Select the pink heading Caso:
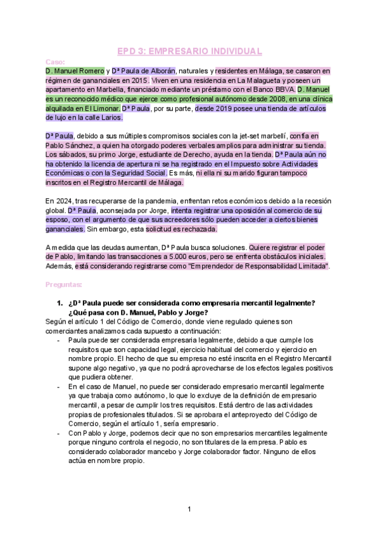(56, 61)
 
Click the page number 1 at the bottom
(189, 509)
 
